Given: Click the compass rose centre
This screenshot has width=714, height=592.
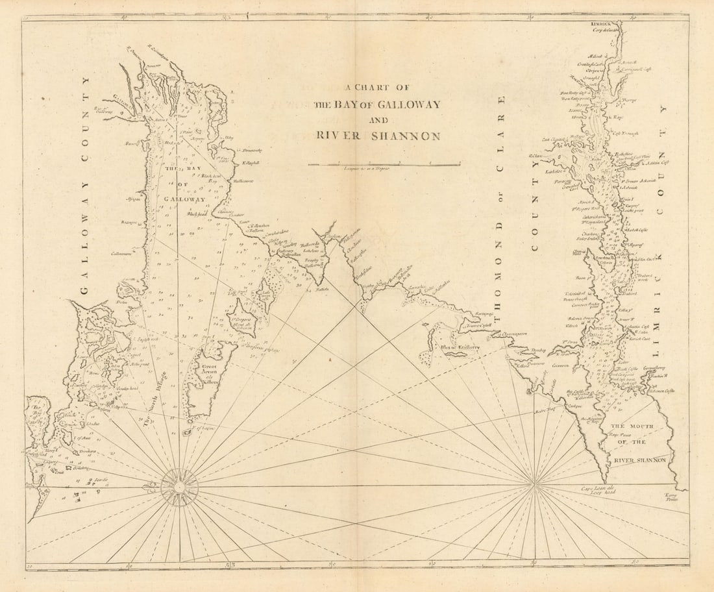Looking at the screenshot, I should (179, 486).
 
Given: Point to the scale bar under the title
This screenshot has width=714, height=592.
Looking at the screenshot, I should (384, 164).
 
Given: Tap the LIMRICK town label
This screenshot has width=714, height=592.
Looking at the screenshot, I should (602, 24).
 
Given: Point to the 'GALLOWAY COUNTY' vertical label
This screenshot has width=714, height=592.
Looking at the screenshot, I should (85, 185).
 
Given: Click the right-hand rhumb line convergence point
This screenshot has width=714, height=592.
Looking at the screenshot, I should (534, 484).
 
